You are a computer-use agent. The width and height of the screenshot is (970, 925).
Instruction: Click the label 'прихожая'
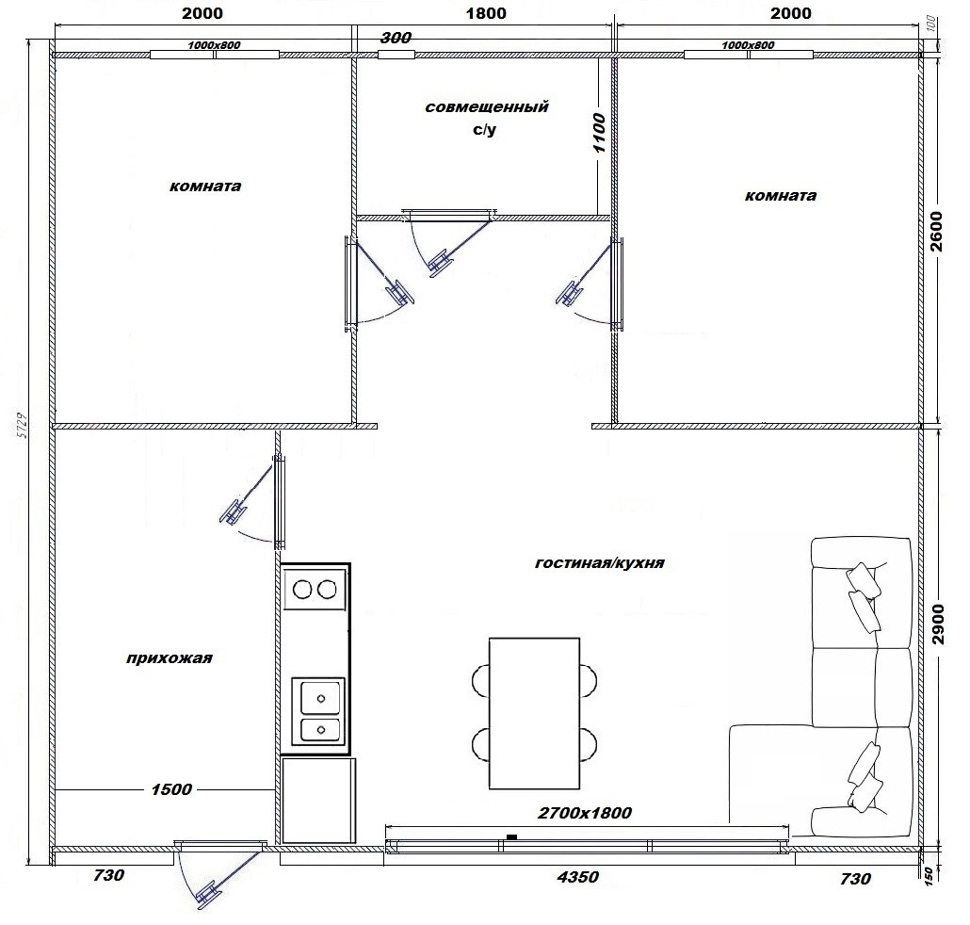[x=169, y=657]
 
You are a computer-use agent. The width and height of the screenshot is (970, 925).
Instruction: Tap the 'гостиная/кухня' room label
[x=600, y=563]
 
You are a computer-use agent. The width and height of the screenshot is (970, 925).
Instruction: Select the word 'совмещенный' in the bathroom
[x=487, y=106]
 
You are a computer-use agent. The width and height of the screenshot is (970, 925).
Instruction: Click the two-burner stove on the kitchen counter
[x=315, y=590]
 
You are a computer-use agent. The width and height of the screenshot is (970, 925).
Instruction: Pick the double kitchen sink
[x=318, y=711]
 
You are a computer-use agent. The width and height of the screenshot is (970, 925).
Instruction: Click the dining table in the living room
[x=535, y=713]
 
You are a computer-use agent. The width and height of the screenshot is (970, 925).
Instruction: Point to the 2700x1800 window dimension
[x=585, y=812]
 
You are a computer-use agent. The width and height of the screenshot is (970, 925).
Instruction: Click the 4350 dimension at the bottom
[x=578, y=877]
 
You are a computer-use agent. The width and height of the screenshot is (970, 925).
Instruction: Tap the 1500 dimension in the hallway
[x=171, y=789]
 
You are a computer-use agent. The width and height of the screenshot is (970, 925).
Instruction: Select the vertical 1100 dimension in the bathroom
[x=599, y=133]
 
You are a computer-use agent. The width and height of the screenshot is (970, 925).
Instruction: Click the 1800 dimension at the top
[x=486, y=13]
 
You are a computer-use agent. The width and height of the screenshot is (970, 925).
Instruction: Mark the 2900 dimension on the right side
[x=938, y=624]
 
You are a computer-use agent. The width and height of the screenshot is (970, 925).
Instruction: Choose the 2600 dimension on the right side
[x=937, y=232]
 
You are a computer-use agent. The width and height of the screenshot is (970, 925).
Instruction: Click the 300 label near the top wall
[x=396, y=38]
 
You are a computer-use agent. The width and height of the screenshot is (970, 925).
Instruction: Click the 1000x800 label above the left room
[x=214, y=45]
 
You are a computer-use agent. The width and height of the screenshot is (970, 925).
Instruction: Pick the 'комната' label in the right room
[x=781, y=196]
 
